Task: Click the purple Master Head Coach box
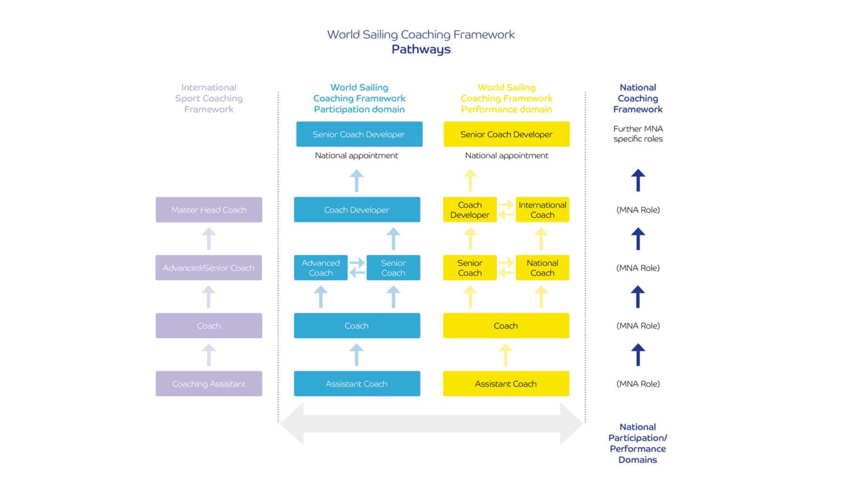tap(209, 210)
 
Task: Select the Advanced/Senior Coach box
tap(209, 268)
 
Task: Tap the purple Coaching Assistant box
tap(209, 384)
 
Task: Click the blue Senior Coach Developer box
tap(359, 134)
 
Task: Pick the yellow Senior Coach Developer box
tap(506, 134)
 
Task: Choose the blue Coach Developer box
tap(357, 210)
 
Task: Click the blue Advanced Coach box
tap(321, 268)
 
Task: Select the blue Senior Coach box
tap(393, 268)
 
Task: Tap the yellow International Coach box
tap(542, 210)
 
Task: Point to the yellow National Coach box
tap(542, 268)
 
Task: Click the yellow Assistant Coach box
tap(505, 384)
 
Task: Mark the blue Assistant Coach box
tap(357, 384)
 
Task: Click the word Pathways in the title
tap(421, 49)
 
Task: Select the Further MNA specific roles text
tap(638, 134)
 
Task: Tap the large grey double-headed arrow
tap(431, 424)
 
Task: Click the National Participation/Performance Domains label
tap(637, 443)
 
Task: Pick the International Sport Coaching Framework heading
tap(209, 98)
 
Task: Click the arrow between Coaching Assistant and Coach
tap(209, 355)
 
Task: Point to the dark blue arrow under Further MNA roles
tap(638, 180)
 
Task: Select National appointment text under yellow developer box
tap(506, 156)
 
